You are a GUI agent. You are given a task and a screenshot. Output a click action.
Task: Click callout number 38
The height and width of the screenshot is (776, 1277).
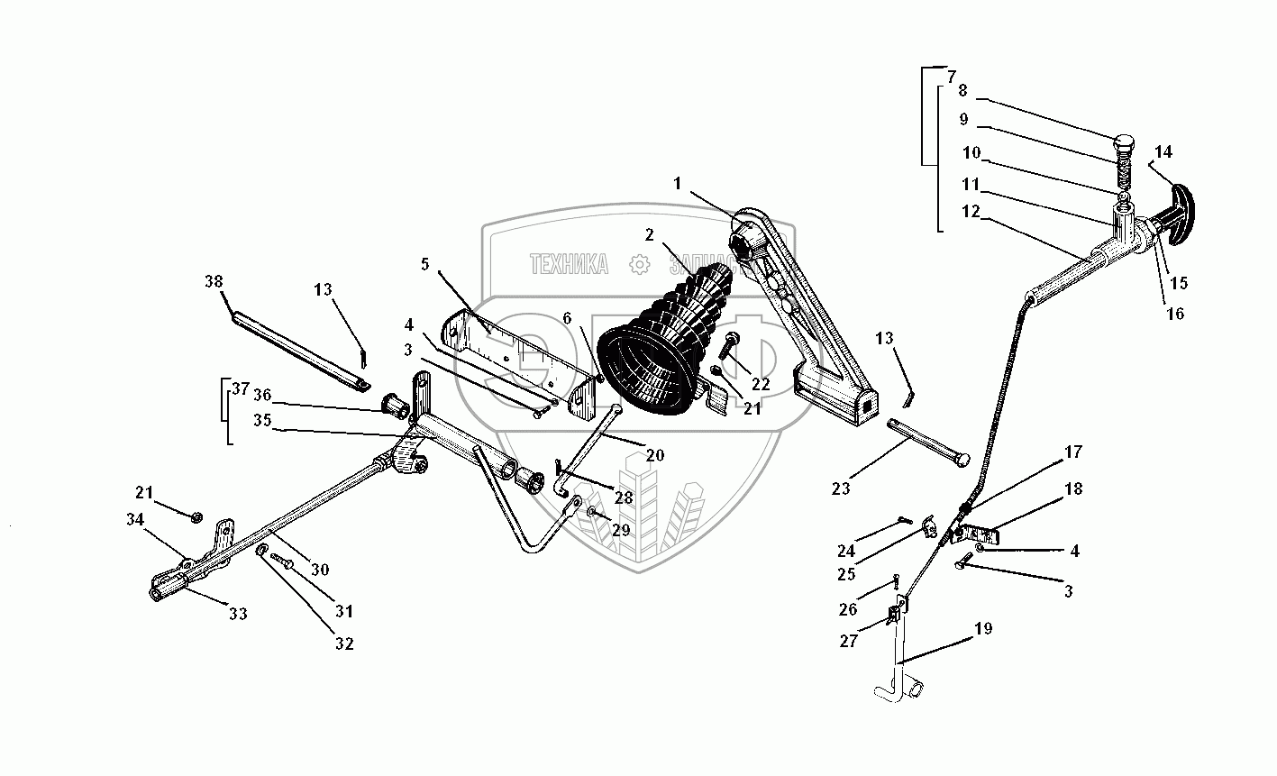tap(214, 281)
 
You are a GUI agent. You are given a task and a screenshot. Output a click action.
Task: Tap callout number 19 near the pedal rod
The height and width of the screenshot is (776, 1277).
tap(983, 629)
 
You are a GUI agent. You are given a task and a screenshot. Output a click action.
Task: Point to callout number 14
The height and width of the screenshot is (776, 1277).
tap(1163, 152)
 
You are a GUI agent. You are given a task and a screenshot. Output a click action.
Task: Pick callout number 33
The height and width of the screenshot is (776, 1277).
tap(238, 615)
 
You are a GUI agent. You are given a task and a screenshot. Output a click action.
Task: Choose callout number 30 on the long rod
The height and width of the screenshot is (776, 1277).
tap(321, 569)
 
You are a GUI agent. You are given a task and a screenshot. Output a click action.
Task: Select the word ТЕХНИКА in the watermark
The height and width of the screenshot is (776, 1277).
tap(569, 263)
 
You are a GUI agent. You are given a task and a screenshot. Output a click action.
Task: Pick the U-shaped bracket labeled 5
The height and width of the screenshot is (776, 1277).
tap(523, 356)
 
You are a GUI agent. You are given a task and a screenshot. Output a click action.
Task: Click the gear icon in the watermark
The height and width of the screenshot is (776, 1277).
tap(639, 263)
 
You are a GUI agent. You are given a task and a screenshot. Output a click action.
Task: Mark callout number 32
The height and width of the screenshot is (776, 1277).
tap(344, 644)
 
